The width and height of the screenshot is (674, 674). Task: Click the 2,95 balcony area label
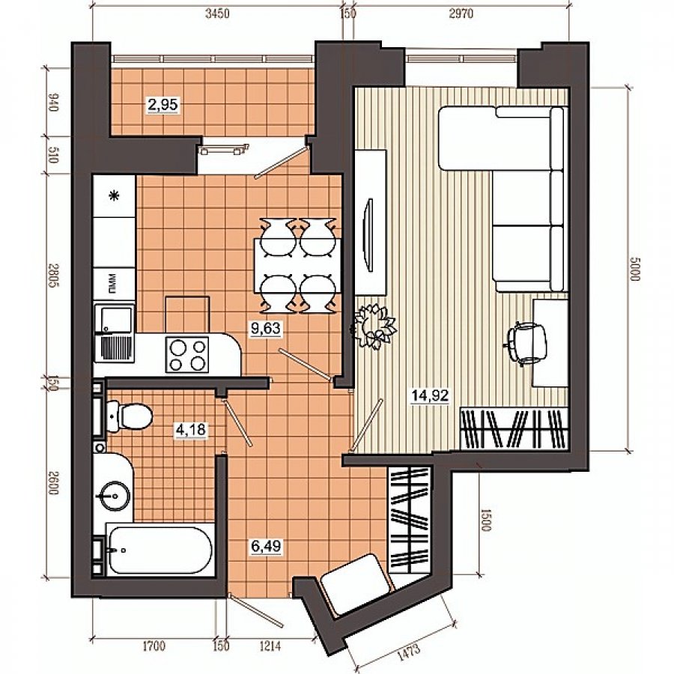(163, 104)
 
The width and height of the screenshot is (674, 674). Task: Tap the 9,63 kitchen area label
(266, 329)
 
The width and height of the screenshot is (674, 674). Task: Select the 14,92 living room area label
(431, 395)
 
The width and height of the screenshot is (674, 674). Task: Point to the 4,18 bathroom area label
(191, 429)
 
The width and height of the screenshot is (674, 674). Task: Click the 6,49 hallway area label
(266, 547)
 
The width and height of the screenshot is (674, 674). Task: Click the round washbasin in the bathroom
(114, 496)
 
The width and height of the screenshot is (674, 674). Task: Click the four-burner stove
(187, 355)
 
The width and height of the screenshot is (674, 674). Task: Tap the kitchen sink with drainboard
(115, 332)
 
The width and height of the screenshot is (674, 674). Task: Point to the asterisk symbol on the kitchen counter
(115, 196)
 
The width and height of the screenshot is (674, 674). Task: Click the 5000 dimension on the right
(635, 269)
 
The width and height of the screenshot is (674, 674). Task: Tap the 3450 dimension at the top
(217, 13)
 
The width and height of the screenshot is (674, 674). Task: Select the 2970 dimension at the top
(461, 13)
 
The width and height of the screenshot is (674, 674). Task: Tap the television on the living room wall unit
(368, 234)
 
